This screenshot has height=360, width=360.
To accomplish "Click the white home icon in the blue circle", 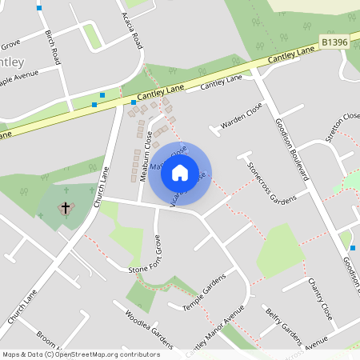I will tap(180, 172).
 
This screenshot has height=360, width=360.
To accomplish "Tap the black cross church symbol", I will tap(66, 208).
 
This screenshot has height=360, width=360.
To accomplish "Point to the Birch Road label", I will tap(54, 48).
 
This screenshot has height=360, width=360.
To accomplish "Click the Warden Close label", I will tap(242, 118).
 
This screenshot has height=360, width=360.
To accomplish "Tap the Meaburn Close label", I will tap(145, 154).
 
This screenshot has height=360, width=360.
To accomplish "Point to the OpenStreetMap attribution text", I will tap(81, 354).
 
